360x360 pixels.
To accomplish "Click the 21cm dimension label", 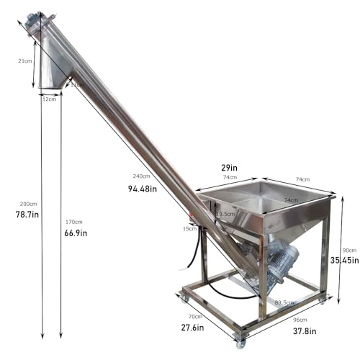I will click(x=24, y=61).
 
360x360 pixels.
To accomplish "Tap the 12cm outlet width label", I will click(x=49, y=99).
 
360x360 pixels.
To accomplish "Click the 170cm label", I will click(x=74, y=222).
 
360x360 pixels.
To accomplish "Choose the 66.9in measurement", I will click(x=75, y=233).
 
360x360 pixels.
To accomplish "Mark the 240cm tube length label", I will click(x=141, y=176).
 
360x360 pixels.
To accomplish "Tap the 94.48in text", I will click(x=142, y=189).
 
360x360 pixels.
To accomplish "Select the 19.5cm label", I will click(x=225, y=213).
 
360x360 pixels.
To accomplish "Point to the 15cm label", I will click(x=190, y=228).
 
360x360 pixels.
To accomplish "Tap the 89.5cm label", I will click(x=284, y=302).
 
